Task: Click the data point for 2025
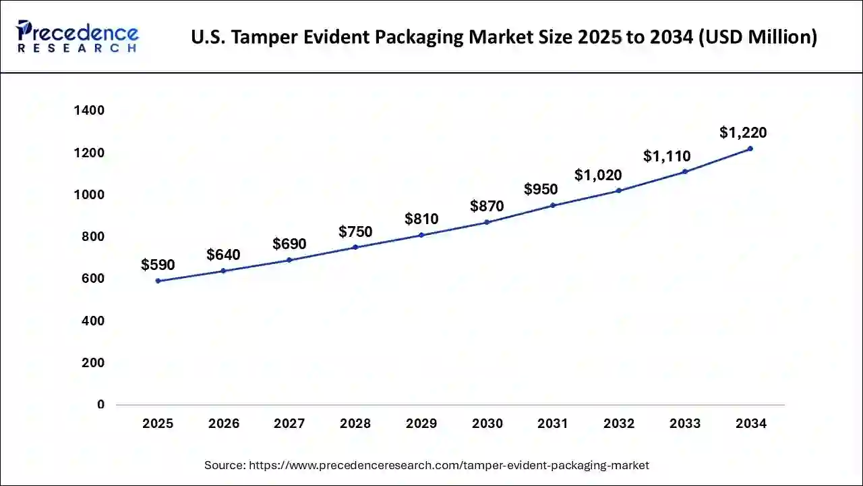158,281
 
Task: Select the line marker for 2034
750,148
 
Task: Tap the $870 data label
487,205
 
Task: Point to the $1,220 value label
743,133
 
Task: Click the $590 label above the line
158,265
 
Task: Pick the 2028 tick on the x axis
355,424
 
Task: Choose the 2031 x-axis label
553,424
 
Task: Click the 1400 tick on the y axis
89,111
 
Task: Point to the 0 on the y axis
100,404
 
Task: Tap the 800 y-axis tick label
93,237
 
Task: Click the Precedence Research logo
78,36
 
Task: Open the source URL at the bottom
449,465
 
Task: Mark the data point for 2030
487,222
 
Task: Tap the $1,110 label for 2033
667,157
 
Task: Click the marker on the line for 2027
289,260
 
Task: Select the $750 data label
355,232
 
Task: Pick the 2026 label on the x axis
224,424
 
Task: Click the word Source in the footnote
225,465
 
